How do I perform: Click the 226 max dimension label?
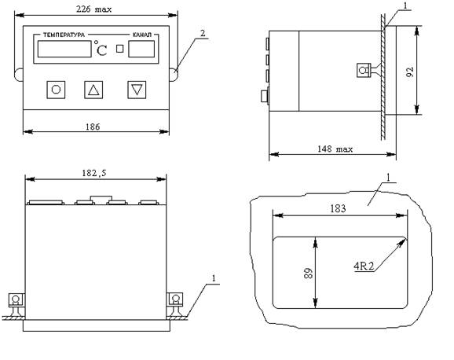click(93, 9)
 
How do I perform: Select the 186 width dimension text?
click(93, 127)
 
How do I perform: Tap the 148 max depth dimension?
click(335, 149)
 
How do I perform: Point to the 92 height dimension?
click(410, 72)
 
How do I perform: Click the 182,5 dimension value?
click(94, 173)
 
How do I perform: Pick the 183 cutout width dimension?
click(338, 208)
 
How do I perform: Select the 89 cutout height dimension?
click(309, 274)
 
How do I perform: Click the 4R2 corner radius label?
click(364, 266)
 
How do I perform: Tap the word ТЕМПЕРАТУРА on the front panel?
click(64, 35)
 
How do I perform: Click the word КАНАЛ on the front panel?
click(142, 35)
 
